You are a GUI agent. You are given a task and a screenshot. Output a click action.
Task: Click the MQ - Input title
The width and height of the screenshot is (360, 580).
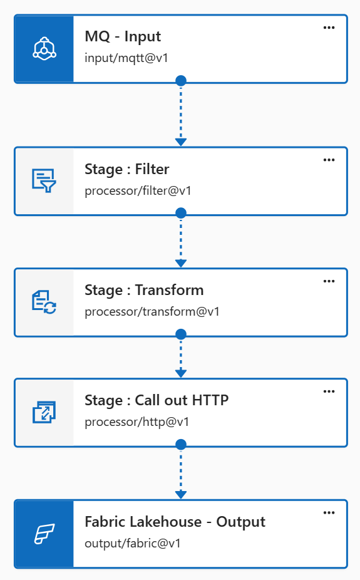(x=123, y=36)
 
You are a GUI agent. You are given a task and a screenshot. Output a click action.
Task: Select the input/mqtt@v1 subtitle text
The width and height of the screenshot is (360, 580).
(x=126, y=58)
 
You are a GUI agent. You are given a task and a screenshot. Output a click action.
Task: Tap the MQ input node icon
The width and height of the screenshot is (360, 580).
(x=44, y=48)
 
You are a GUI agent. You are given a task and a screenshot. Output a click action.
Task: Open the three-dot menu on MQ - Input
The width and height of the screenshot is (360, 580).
(x=329, y=28)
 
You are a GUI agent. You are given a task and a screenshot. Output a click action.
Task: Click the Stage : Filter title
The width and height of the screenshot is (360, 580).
(x=126, y=169)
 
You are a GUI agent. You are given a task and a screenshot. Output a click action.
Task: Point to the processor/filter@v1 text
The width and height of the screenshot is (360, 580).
(x=138, y=191)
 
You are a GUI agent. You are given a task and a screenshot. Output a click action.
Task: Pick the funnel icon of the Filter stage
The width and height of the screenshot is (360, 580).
(x=44, y=180)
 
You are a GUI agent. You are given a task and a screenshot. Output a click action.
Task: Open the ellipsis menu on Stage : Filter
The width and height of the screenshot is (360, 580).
(x=329, y=160)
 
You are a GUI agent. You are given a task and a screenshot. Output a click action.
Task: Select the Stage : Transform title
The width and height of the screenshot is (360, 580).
(x=144, y=291)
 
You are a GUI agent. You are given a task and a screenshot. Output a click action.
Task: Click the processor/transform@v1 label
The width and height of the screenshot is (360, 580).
(x=152, y=312)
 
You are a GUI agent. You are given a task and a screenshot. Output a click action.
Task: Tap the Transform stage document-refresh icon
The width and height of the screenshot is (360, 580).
(x=44, y=302)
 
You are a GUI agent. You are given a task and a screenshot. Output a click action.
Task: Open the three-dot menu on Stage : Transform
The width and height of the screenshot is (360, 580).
(x=329, y=281)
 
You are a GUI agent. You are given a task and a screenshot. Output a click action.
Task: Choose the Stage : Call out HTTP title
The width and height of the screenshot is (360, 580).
(x=157, y=401)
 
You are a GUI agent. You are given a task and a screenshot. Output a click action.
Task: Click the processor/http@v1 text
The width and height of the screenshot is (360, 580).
(x=136, y=422)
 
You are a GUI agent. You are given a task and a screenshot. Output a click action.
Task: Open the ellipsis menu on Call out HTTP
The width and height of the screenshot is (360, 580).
(x=329, y=391)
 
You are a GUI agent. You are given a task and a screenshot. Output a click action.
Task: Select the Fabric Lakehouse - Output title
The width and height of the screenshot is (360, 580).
(x=175, y=522)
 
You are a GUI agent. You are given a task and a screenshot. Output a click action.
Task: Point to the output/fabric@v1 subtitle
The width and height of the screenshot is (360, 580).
(x=133, y=544)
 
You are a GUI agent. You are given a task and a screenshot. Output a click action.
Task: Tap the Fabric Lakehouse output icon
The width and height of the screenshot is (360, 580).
(x=44, y=534)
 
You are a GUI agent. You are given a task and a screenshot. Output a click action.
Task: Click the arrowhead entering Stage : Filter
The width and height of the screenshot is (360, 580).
(x=181, y=142)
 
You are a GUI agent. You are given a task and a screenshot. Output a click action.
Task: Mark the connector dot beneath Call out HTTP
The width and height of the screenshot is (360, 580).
(x=181, y=445)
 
